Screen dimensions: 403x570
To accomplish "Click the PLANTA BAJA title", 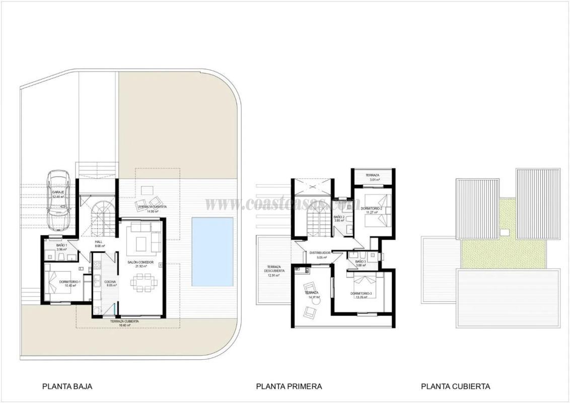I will (67, 386).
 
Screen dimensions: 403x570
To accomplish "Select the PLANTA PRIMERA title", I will (289, 386).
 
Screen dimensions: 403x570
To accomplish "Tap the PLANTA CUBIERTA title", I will (455, 386).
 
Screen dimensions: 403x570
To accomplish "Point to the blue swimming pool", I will (212, 251).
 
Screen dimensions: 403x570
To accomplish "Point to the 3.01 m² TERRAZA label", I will (372, 177).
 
